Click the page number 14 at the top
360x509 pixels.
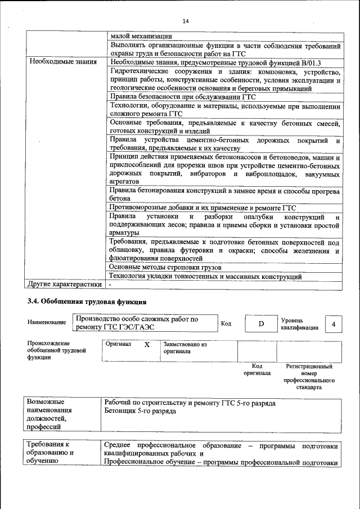[186, 21]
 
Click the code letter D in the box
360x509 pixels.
[261, 323]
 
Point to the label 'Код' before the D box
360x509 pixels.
[226, 323]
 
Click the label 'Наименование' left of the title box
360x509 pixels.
[47, 322]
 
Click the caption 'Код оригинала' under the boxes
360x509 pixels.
[256, 369]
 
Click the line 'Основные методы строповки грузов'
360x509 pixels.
[165, 267]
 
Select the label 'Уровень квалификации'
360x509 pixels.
[300, 323]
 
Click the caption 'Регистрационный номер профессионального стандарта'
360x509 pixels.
[310, 376]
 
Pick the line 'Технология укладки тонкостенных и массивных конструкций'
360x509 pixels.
[205, 276]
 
